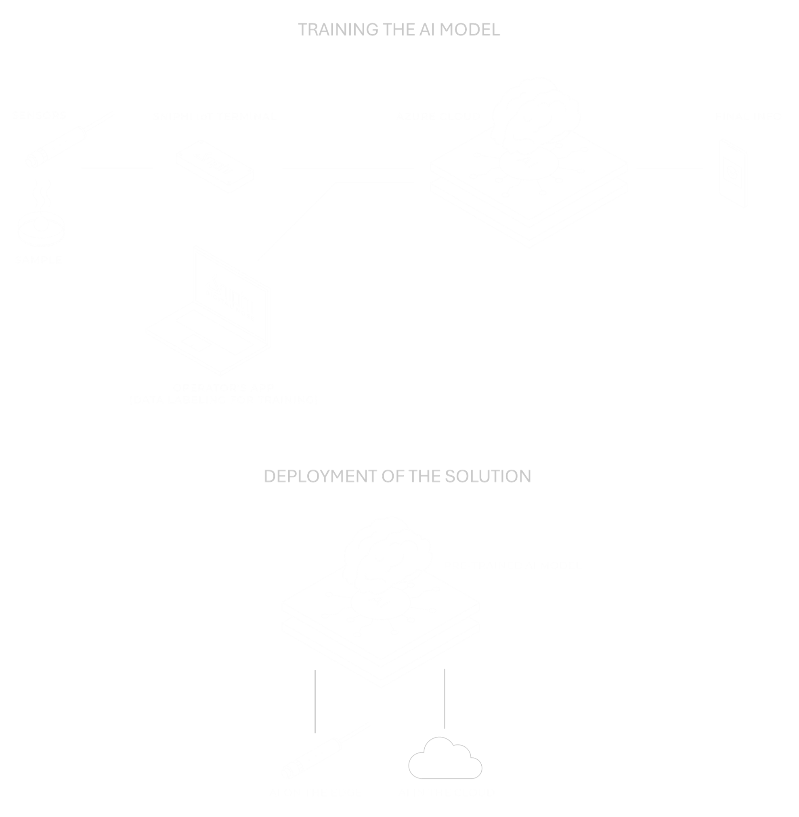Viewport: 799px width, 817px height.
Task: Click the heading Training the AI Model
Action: [x=399, y=30]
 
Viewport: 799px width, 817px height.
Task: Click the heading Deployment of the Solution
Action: [x=397, y=476]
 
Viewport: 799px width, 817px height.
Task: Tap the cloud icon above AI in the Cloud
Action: [x=445, y=759]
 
